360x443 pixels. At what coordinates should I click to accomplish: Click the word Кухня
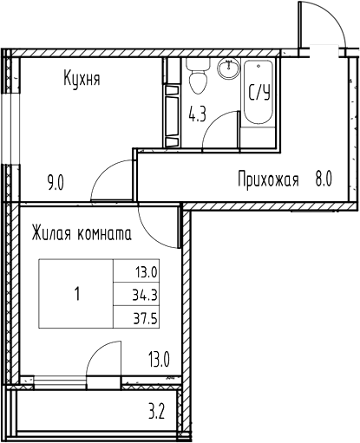82,81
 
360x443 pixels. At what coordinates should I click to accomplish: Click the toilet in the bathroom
197,80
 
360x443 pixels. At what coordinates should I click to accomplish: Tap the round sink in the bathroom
231,70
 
